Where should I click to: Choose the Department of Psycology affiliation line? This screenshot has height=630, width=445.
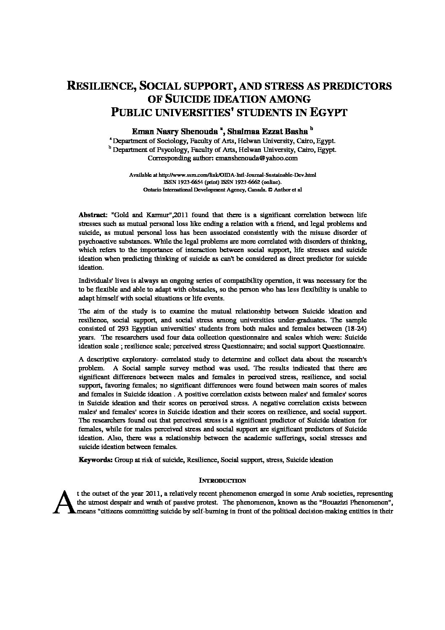pos(223,149)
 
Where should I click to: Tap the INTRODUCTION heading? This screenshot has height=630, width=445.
pos(222,480)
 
